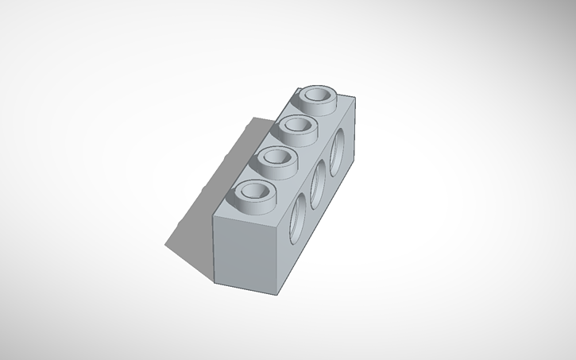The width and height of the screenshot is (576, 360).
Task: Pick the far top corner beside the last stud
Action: pos(354,101)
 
